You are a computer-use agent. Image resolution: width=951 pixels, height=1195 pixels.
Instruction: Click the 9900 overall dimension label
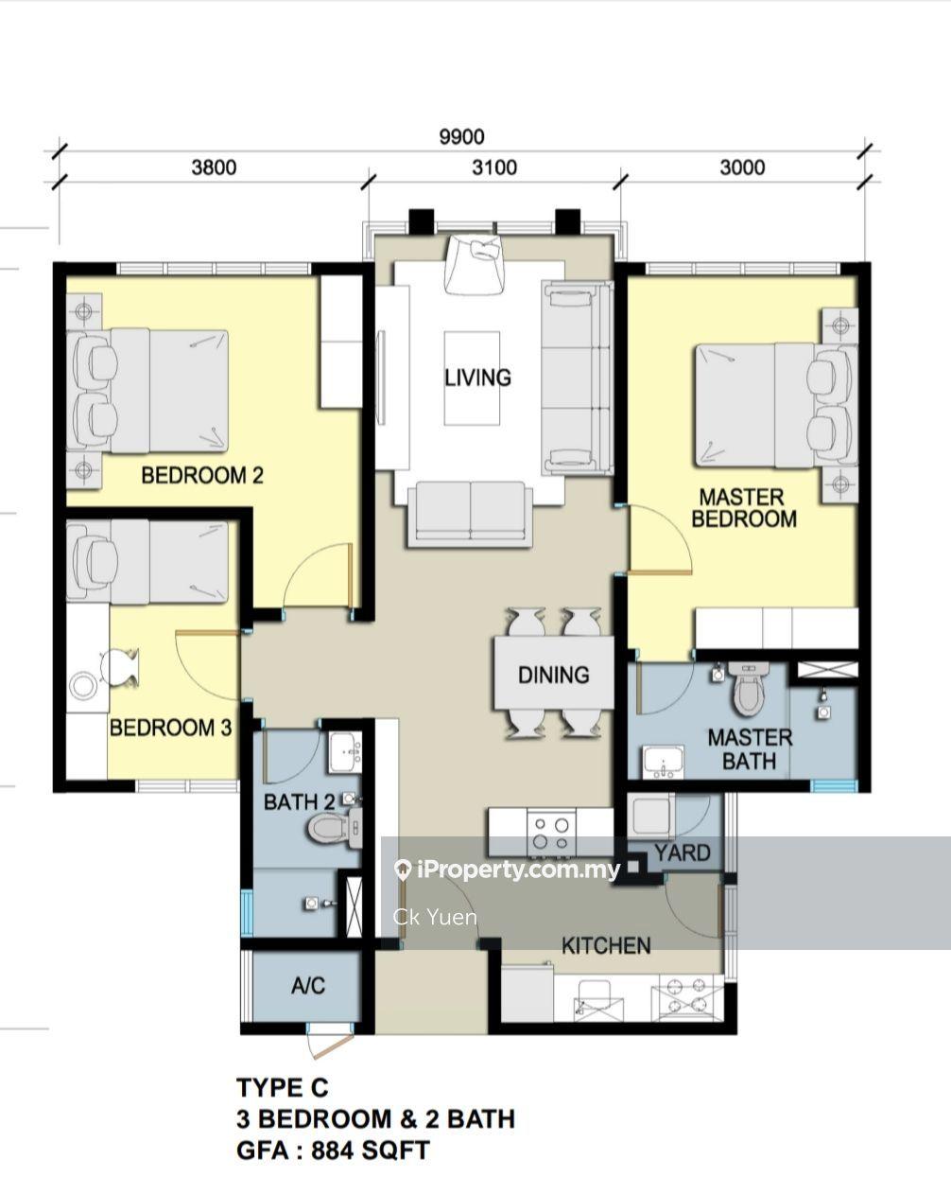coord(461,136)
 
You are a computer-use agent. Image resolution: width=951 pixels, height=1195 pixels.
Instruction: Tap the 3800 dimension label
coord(214,167)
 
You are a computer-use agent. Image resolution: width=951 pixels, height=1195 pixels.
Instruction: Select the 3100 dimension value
coord(494,167)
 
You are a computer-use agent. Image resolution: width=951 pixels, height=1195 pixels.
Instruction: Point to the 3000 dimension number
coord(742,167)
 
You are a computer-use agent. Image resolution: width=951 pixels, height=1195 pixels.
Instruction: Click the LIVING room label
coord(477,378)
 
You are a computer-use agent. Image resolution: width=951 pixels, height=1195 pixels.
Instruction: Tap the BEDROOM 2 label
coord(202,475)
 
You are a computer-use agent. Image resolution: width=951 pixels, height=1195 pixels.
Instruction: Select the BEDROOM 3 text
coord(170,728)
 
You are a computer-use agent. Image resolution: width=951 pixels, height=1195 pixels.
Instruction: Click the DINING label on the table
coord(553,675)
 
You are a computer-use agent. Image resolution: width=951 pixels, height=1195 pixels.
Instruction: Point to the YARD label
coord(682,852)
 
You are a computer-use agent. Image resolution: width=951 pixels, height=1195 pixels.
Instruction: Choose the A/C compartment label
coord(308,986)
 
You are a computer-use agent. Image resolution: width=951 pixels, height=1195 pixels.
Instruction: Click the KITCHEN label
coord(606,945)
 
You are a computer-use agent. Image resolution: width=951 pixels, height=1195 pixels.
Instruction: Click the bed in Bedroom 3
coord(147,561)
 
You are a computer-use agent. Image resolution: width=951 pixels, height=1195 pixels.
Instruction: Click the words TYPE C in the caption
coord(283,1087)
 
